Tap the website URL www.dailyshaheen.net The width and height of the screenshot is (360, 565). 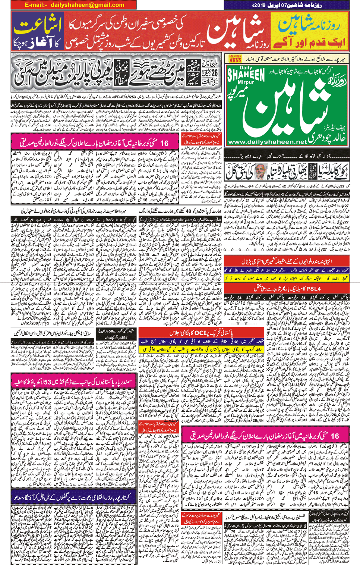267,142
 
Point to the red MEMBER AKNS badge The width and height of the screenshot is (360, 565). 235,59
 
